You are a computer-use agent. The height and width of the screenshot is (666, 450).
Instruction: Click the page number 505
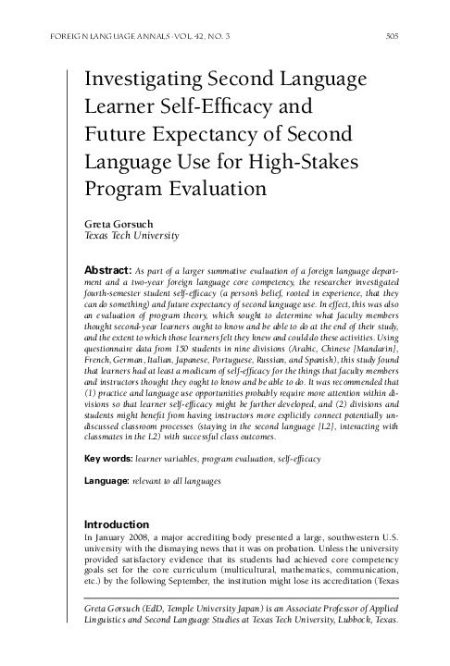pyautogui.click(x=390, y=37)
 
